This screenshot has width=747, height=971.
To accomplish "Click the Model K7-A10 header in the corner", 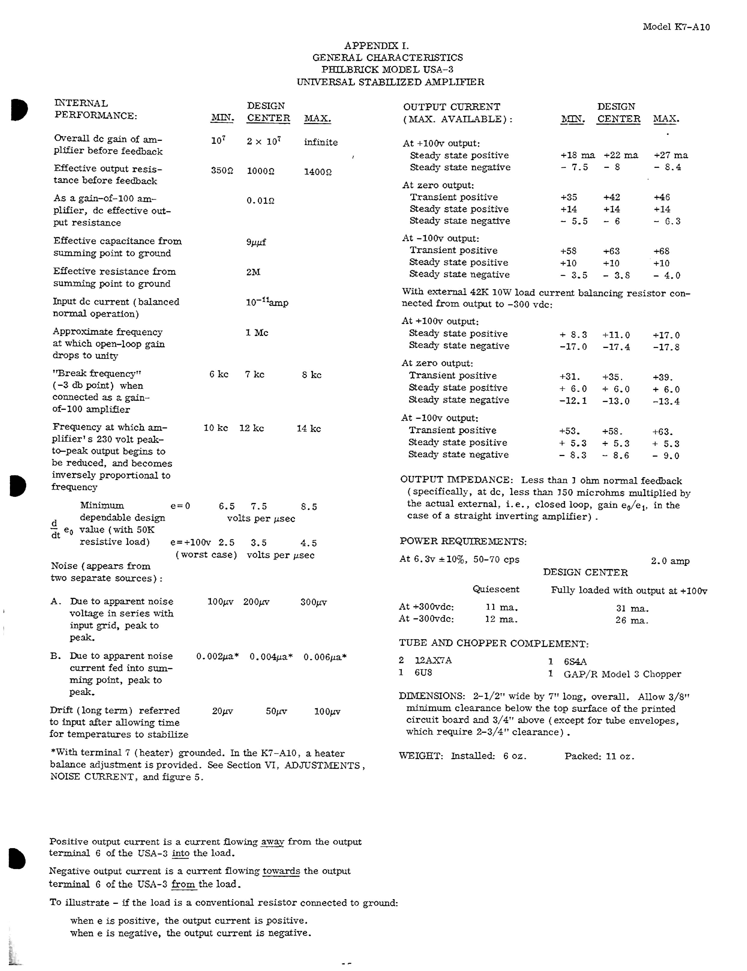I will (676, 27).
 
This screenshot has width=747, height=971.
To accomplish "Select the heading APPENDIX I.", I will (376, 45).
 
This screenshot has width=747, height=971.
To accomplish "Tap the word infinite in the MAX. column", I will (320, 143).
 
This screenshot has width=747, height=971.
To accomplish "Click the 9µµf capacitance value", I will (256, 243).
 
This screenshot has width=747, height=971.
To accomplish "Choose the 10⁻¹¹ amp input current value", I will (267, 303).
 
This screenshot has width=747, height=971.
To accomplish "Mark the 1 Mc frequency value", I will (257, 333).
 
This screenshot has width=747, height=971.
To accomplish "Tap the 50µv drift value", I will (276, 712).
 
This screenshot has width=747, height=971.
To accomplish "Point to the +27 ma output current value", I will (671, 156).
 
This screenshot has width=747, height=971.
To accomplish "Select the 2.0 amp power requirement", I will (670, 561).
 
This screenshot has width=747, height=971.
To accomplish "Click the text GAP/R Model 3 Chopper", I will (622, 674).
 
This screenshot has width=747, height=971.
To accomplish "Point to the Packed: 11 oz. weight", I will (599, 756).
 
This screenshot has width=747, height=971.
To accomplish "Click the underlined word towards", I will (281, 872).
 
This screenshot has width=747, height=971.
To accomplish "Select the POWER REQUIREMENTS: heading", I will (463, 542).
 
